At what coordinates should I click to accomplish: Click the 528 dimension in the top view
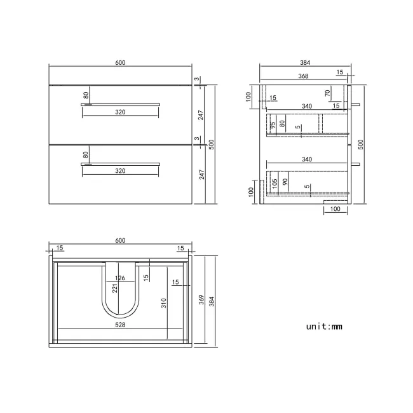tap(120, 324)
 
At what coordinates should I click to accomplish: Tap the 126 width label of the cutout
tap(119, 278)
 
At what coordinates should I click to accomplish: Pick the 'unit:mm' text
tap(324, 327)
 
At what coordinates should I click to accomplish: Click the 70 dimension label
tap(327, 93)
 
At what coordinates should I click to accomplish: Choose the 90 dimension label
tap(285, 183)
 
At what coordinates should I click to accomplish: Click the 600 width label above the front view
tap(120, 62)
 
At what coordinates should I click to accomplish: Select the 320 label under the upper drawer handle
tap(120, 112)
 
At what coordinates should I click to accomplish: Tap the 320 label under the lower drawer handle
tap(120, 171)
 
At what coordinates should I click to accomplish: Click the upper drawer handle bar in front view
tap(120, 103)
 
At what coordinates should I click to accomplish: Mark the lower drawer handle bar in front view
tap(120, 163)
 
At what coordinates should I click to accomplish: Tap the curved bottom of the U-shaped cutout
tap(120, 315)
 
